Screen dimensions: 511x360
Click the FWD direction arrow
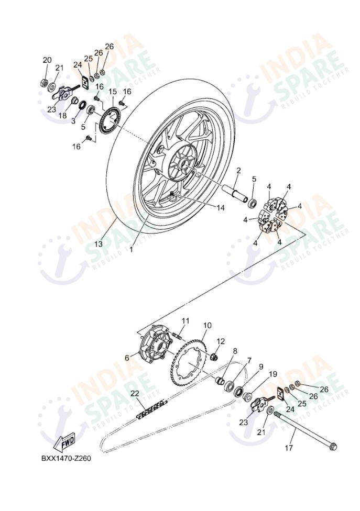(x=68, y=443)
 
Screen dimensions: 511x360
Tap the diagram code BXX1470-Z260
(x=66, y=459)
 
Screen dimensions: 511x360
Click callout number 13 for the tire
(x=99, y=244)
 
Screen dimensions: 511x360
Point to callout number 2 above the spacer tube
(x=238, y=171)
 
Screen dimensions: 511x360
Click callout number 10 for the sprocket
(x=207, y=325)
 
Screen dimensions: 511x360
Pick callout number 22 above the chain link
(x=135, y=393)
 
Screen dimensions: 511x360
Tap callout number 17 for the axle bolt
(x=289, y=448)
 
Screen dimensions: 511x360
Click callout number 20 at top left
(x=47, y=60)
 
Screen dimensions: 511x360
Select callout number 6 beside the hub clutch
(x=127, y=358)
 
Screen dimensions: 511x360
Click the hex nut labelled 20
(x=45, y=83)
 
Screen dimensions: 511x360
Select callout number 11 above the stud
(x=186, y=320)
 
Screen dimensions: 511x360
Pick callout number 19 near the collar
(x=272, y=374)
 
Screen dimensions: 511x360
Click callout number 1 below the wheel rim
(x=132, y=250)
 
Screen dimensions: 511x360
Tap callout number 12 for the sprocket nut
(x=221, y=341)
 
